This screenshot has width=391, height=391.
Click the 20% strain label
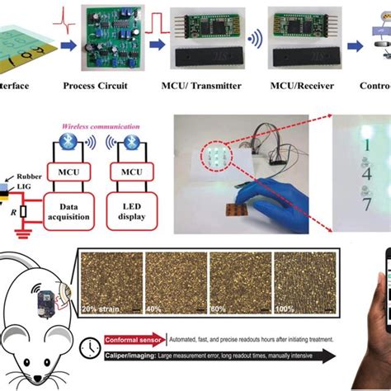point(103,309)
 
